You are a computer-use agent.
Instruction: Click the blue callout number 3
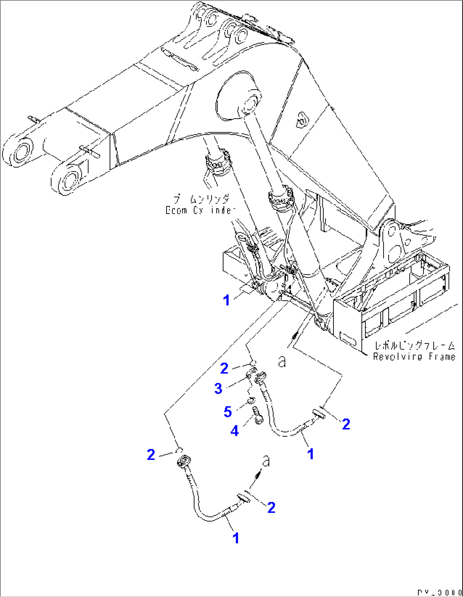(218, 388)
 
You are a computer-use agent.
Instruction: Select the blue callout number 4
(234, 431)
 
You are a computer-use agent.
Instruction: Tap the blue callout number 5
(228, 411)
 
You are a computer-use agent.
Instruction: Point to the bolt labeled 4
(258, 414)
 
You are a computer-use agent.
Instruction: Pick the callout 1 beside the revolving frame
(226, 300)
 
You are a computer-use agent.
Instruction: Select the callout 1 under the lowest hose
(236, 538)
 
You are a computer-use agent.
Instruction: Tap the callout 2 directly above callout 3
(224, 368)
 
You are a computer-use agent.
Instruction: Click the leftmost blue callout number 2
(151, 455)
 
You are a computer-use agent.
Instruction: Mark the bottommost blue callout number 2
(271, 507)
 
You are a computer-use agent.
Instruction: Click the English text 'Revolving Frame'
(414, 357)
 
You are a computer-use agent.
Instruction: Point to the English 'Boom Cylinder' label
(200, 210)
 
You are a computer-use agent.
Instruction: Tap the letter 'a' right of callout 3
(282, 362)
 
